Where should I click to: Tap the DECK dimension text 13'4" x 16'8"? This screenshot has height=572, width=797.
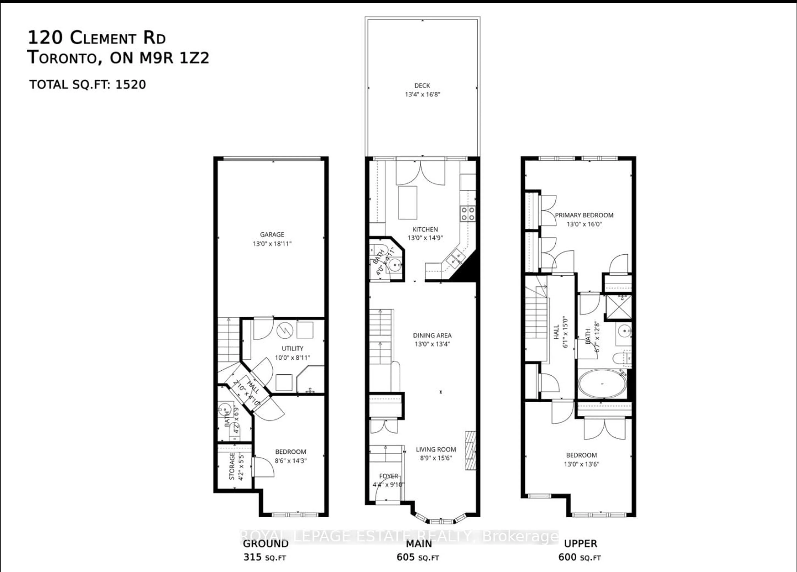coord(422,95)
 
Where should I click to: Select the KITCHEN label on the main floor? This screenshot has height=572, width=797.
coord(425,229)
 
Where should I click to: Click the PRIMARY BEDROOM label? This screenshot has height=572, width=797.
coord(584,215)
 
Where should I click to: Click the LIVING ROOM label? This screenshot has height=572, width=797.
coord(436,449)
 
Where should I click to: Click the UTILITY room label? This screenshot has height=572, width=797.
coord(292,348)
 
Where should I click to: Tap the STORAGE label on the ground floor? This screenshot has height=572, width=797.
coord(232,466)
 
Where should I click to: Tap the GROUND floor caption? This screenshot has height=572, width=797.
coord(266,544)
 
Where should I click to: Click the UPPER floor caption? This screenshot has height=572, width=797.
coord(581,544)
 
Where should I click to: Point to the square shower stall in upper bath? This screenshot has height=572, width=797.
coord(619,308)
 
